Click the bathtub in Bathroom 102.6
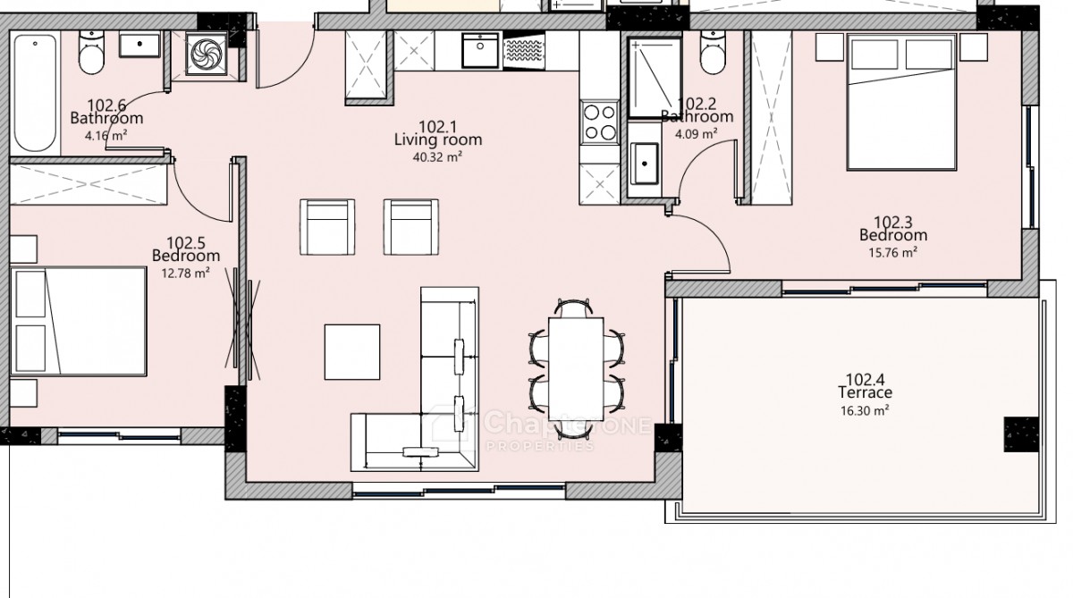(x=35, y=93)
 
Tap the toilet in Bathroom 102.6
(x=91, y=52)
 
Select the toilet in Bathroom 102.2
(x=713, y=52)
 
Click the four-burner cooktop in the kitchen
(x=600, y=122)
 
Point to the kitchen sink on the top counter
(x=480, y=50)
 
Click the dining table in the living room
(x=576, y=368)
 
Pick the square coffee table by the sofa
(x=352, y=352)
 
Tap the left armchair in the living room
(x=327, y=227)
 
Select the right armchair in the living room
(x=411, y=227)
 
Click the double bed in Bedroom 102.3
(x=901, y=102)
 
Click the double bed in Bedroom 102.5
(x=78, y=321)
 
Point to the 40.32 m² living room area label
(x=437, y=157)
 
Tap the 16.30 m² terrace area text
(x=866, y=410)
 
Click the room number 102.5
(x=186, y=243)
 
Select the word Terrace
(x=866, y=392)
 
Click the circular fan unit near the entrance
(x=207, y=54)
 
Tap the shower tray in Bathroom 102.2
(x=655, y=78)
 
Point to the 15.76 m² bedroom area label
(x=893, y=252)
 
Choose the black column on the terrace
(x=1021, y=434)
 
